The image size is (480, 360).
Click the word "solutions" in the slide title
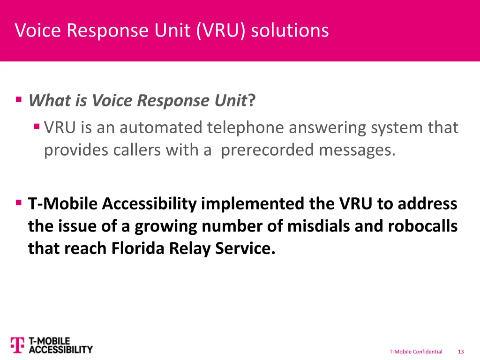coord(290,31)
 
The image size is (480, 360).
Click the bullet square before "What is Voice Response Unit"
coord(19,99)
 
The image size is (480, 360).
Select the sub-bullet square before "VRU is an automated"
coord(37,127)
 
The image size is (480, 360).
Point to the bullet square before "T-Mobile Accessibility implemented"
coord(19,203)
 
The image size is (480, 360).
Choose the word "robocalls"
coord(422,226)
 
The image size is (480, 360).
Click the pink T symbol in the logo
coord(17,345)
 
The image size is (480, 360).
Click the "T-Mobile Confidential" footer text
coord(416,352)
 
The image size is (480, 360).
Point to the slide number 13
coord(461,352)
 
